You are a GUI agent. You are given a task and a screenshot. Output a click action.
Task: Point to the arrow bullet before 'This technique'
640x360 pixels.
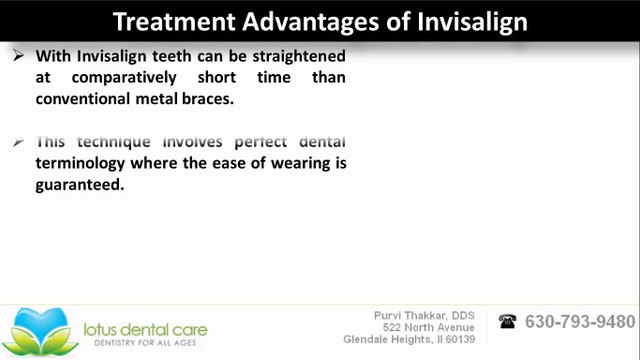(x=19, y=143)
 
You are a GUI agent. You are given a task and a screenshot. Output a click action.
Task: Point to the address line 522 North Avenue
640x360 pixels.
(x=435, y=328)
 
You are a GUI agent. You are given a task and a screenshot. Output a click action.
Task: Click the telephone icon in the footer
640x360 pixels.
(x=508, y=322)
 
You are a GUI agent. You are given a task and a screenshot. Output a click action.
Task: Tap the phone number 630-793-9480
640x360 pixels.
(x=580, y=322)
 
